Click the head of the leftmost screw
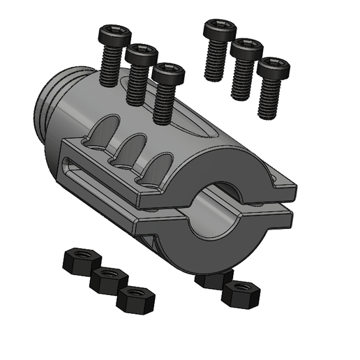115,34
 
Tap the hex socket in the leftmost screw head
115,31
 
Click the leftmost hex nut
78,260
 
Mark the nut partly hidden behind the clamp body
212,279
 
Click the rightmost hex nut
240,293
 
